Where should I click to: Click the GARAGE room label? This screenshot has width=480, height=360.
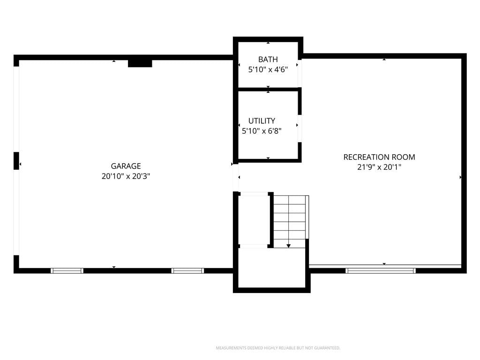(x=126, y=166)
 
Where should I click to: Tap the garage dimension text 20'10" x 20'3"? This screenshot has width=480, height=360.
(x=126, y=176)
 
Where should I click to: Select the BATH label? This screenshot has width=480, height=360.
(x=268, y=60)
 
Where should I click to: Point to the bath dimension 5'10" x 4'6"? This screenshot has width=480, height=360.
(x=268, y=69)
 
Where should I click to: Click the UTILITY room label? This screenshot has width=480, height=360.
(x=262, y=120)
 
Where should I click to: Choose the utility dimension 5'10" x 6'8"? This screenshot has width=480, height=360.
(x=262, y=131)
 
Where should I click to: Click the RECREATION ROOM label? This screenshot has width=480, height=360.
(x=379, y=157)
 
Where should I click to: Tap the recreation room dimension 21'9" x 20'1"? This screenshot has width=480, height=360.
(x=379, y=167)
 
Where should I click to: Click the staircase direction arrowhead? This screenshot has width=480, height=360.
(x=288, y=246)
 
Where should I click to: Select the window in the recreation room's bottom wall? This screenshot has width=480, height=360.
(x=381, y=270)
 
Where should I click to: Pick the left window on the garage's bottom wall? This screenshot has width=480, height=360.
(x=67, y=270)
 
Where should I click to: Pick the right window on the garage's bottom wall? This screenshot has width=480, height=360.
(x=187, y=270)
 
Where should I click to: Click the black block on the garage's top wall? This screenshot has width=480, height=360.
(x=140, y=63)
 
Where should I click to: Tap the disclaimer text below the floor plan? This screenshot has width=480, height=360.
(x=278, y=348)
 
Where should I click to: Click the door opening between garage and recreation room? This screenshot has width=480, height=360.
(x=236, y=178)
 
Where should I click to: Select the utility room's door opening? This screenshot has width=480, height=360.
(x=300, y=128)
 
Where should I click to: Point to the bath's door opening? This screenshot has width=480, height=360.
(x=300, y=74)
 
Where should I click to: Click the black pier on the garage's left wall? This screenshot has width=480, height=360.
(x=16, y=161)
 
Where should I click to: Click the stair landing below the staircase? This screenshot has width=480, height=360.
(x=272, y=268)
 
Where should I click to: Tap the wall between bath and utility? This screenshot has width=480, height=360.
(x=268, y=90)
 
